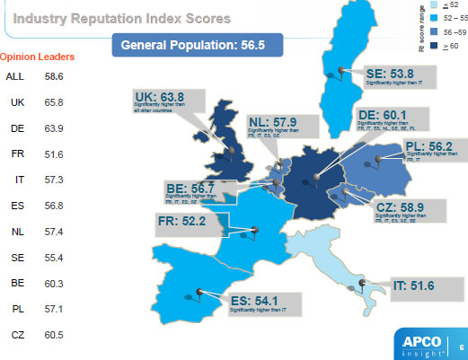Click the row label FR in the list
17,154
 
